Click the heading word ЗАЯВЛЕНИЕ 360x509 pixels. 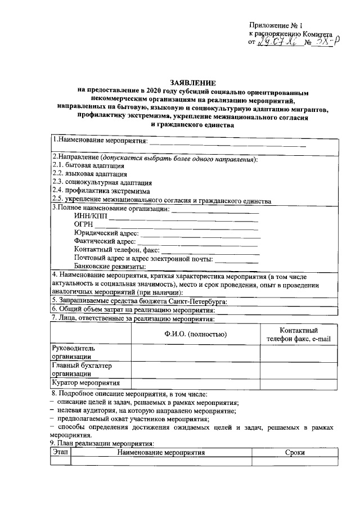coord(193,82)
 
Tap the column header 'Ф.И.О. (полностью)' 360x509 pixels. coord(195,335)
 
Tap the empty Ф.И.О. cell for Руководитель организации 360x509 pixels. coord(195,352)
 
